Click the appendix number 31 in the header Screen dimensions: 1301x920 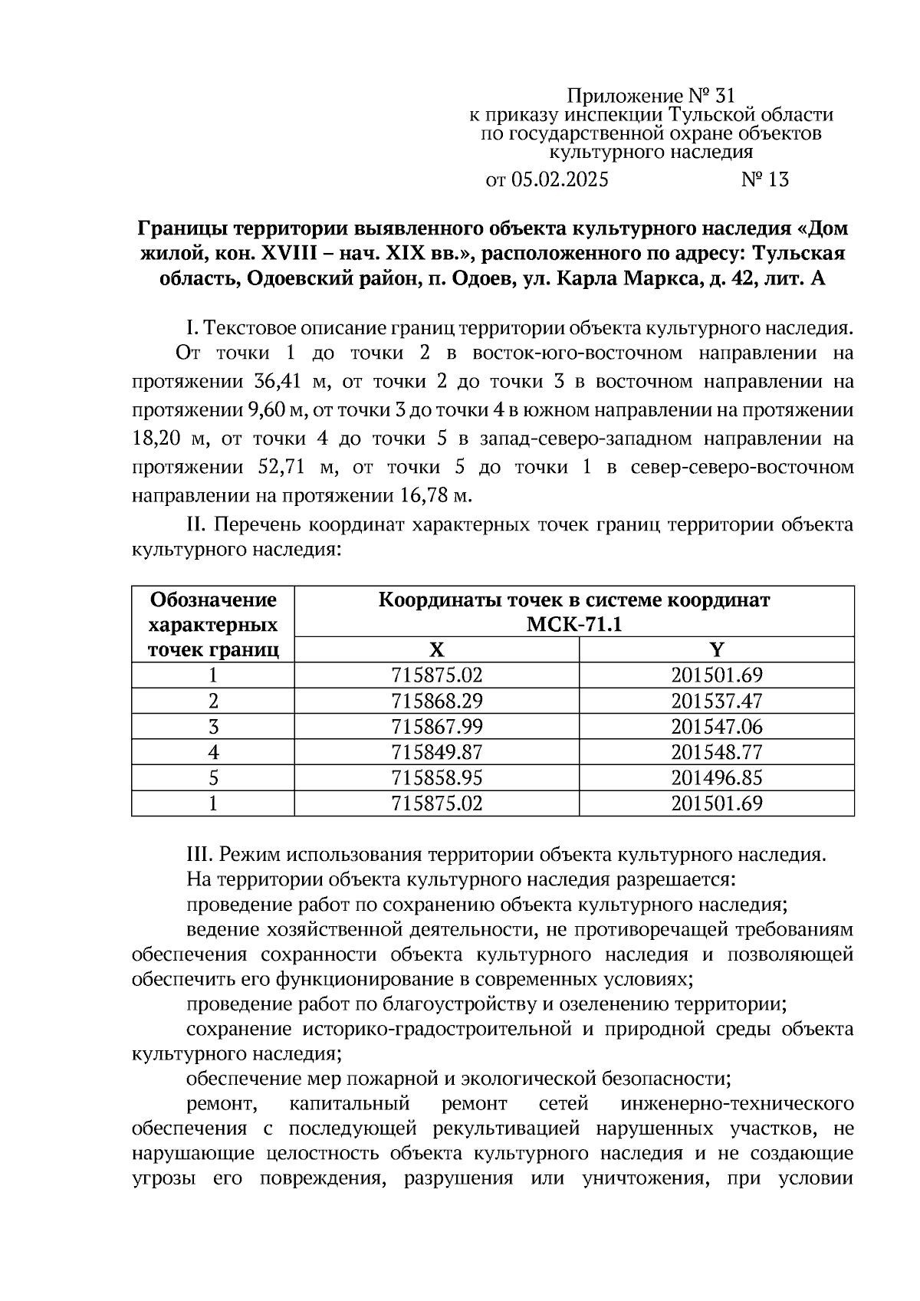pos(724,96)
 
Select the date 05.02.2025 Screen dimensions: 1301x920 pos(559,179)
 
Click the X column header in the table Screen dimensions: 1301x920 pos(436,650)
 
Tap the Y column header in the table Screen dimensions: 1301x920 pos(716,650)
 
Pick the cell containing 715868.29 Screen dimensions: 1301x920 pos(436,701)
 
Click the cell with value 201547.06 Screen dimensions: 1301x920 pos(716,726)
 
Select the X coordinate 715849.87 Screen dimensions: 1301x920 pos(436,752)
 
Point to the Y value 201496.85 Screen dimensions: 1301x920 pos(716,777)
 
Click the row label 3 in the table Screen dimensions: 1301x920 pos(213,726)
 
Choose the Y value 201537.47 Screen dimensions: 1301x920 pos(716,701)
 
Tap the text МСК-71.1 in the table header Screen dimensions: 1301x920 pos(574,625)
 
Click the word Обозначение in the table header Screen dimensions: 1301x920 pos(213,600)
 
